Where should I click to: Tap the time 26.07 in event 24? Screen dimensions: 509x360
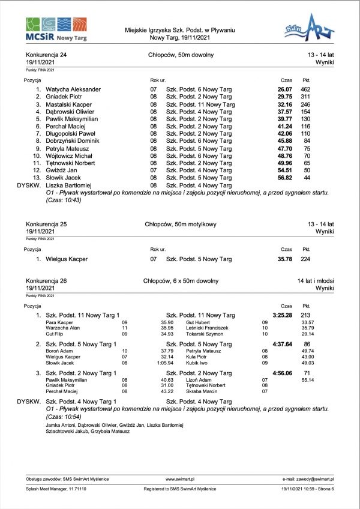coord(284,89)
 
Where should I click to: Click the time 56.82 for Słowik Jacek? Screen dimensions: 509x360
coord(284,178)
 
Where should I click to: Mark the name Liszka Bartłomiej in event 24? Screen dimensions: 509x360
coord(68,185)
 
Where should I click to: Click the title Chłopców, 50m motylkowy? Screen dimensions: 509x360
coord(181,224)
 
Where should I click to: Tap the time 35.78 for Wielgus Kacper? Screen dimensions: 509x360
coord(284,259)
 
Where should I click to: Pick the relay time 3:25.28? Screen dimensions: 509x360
coord(282,315)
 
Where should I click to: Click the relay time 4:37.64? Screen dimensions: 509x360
coord(282,344)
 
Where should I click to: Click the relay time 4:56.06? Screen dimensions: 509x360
coord(282,373)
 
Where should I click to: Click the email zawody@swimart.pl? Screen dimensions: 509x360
coord(308,480)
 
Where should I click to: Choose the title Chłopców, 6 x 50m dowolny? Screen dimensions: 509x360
coord(181,281)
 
